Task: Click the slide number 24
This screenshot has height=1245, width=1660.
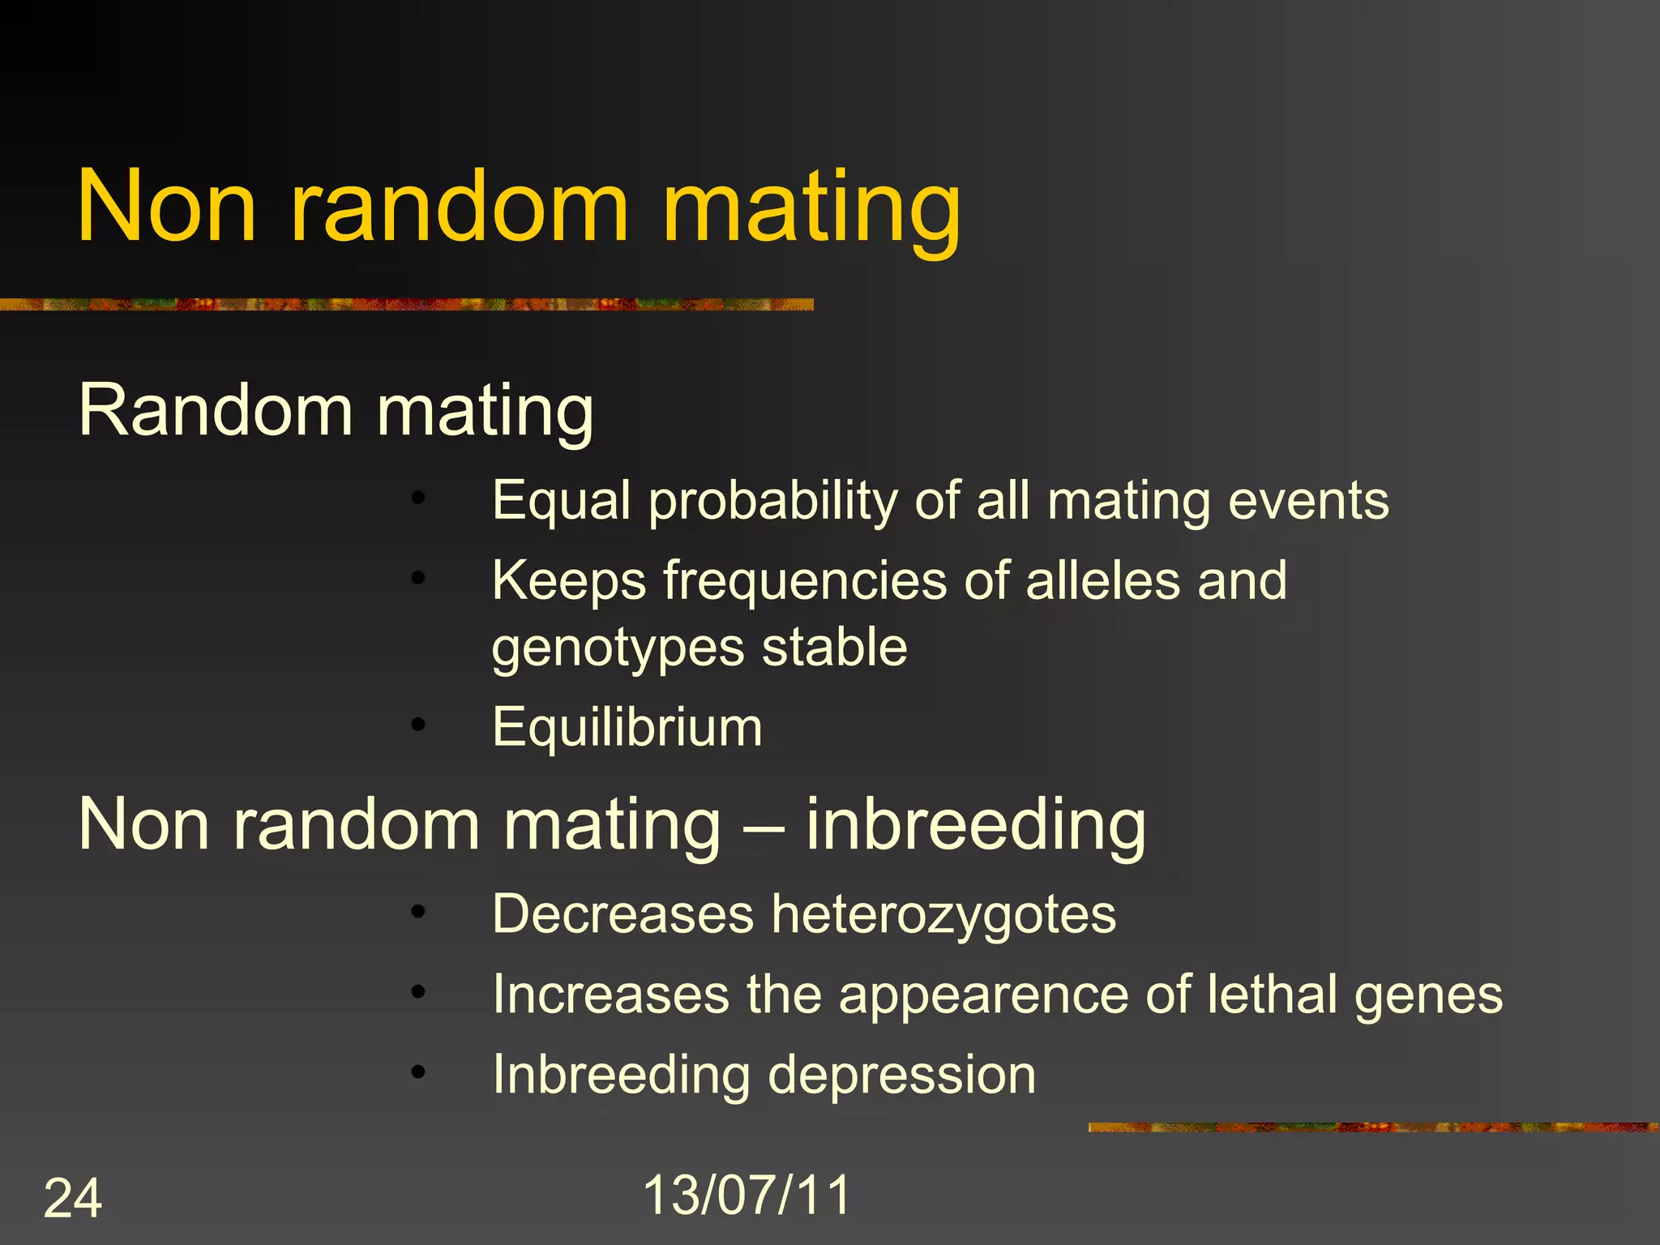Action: point(73,1198)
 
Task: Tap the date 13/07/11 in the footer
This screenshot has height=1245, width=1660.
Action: point(747,1195)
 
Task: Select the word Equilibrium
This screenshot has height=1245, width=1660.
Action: point(627,727)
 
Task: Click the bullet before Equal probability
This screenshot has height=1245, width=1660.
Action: point(417,498)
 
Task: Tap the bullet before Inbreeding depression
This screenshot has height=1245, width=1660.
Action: point(417,1072)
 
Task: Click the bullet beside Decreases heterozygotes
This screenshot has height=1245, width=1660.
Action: point(417,912)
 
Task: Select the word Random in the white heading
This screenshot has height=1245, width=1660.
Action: point(216,410)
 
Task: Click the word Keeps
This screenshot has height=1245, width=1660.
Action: point(569,581)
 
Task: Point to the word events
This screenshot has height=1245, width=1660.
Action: point(1308,501)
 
